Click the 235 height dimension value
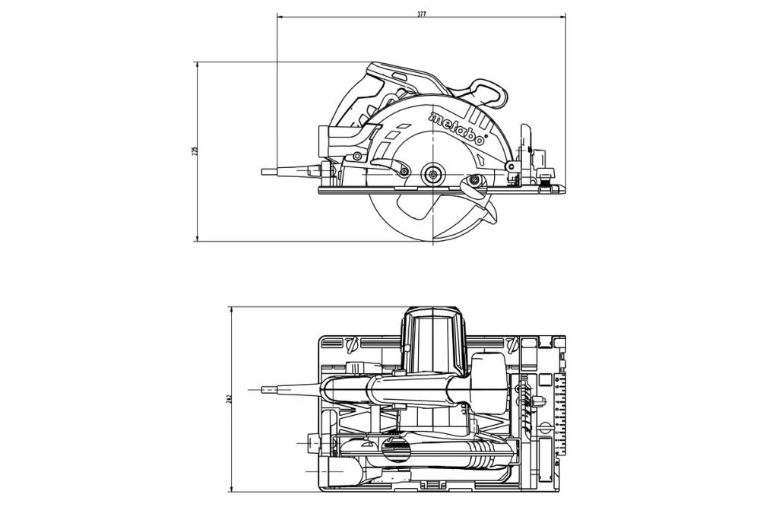point(195,151)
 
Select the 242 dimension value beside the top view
point(227,399)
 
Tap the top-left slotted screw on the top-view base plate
point(350,344)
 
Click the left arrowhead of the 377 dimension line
point(280,15)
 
